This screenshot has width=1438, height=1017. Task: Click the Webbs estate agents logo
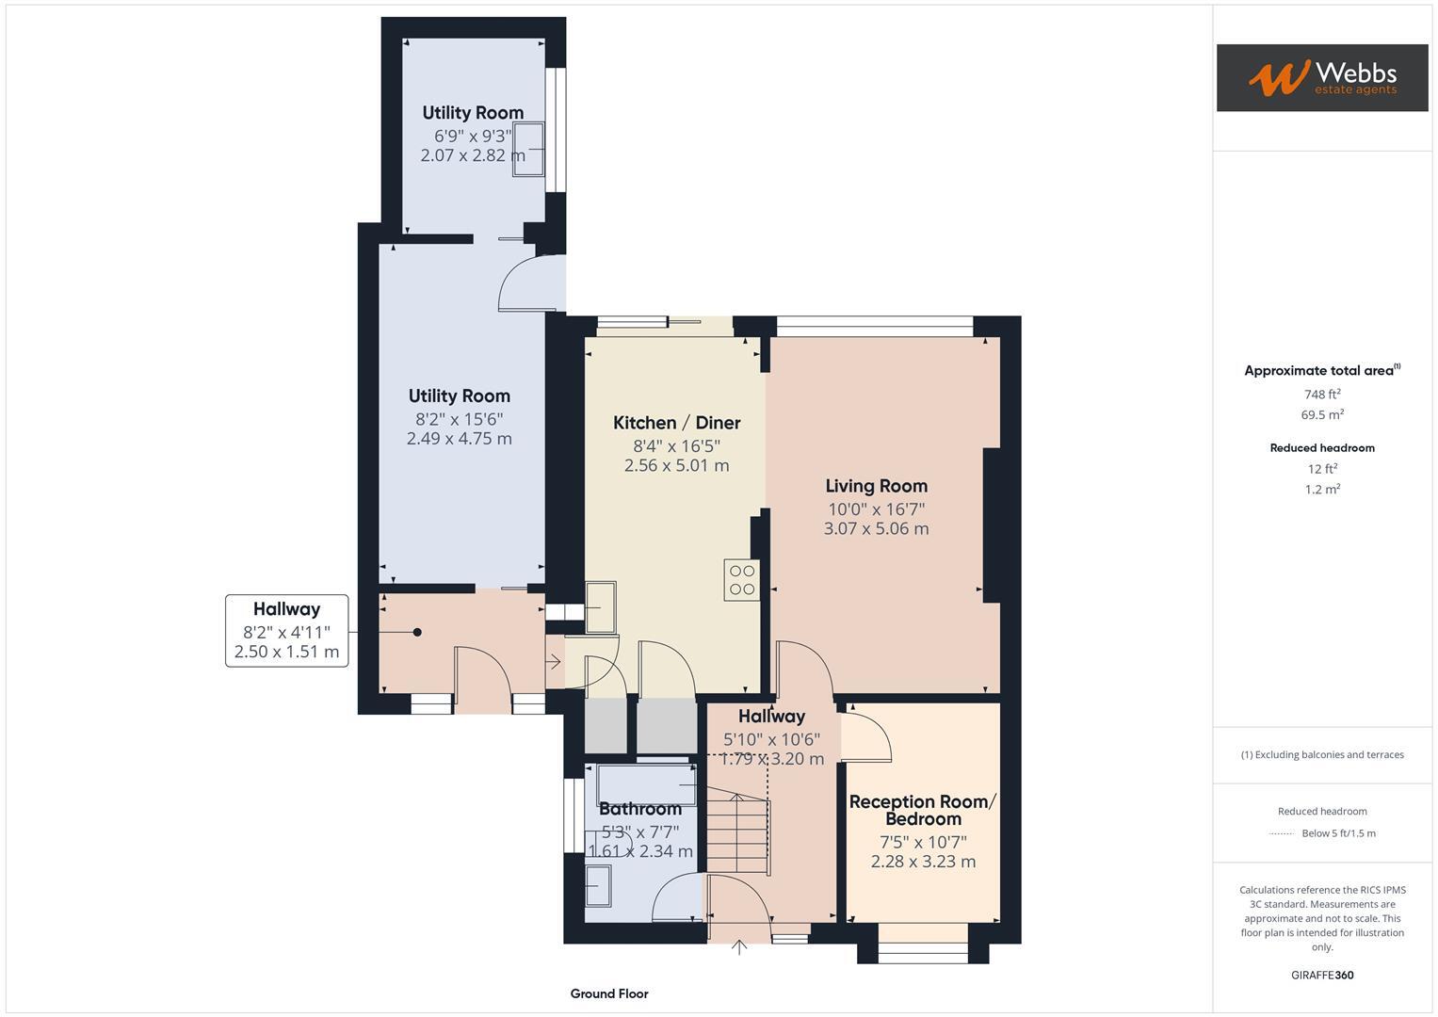1321,77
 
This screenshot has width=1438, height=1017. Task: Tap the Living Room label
876,486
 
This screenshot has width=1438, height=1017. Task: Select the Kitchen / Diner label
676,423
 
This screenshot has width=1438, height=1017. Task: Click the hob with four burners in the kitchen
741,579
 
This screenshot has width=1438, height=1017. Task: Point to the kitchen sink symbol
600,607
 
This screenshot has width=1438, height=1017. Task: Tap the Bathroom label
639,809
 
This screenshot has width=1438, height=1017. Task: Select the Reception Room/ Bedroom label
922,810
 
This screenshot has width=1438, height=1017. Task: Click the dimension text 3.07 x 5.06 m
876,529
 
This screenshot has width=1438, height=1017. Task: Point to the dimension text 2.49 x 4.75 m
459,439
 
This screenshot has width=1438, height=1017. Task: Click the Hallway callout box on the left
286,631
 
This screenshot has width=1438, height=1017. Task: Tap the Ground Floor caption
608,993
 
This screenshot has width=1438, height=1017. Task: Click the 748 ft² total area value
1321,395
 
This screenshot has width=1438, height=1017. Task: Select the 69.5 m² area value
1321,415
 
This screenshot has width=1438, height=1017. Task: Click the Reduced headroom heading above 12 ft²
1321,448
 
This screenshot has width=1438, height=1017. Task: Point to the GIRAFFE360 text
1321,975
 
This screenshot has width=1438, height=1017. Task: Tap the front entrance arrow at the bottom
739,947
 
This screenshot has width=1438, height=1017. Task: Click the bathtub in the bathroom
646,784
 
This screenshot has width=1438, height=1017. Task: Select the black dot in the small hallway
416,633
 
